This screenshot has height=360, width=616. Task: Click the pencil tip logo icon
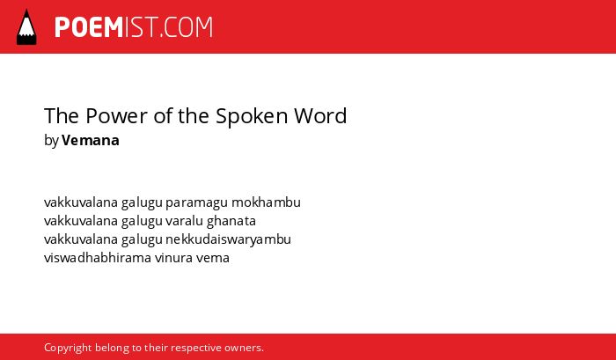point(26,27)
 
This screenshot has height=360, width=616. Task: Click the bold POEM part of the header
point(89,27)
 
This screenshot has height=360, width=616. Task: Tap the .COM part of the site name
point(187,27)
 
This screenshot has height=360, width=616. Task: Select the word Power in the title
point(117,116)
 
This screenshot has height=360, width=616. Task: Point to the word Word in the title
point(320,116)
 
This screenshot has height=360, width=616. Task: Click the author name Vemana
point(91,140)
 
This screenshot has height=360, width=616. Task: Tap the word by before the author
point(51,141)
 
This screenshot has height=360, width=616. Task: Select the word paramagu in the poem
point(196,203)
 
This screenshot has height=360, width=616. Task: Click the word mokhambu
point(266,202)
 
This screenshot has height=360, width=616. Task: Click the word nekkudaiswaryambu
point(228,239)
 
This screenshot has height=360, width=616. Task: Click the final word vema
point(213,259)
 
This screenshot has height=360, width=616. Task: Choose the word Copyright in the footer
point(68,349)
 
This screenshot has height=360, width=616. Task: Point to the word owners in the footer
point(244,349)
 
